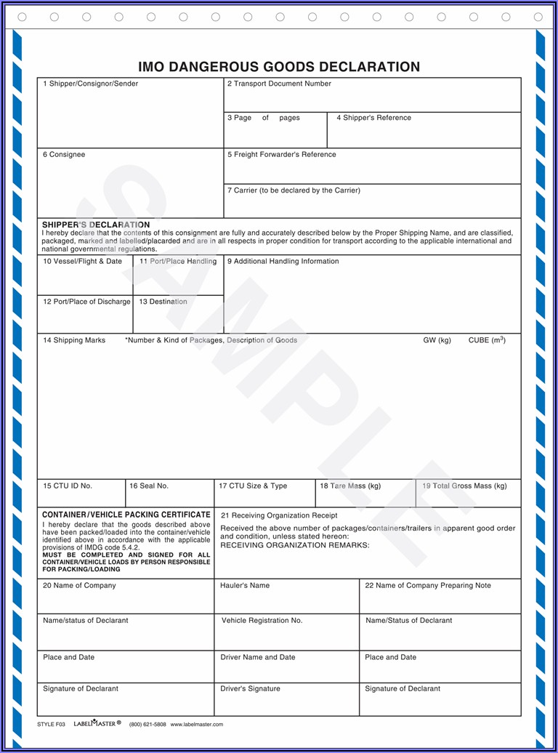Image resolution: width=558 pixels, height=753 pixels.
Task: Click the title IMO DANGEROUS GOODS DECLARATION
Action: pos(279,67)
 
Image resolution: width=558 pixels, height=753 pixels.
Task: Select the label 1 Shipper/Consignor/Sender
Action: pos(90,84)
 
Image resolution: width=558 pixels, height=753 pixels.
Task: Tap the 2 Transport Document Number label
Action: pos(279,84)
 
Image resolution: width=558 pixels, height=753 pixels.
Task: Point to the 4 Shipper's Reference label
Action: pos(373,118)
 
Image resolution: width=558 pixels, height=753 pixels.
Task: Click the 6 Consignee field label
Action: pos(64,155)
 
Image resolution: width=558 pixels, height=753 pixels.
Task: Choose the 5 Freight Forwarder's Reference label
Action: pos(282,155)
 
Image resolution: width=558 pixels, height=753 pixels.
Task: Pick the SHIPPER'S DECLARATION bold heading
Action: pos(96,225)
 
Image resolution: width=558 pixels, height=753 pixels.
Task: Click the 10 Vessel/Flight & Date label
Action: pos(83,262)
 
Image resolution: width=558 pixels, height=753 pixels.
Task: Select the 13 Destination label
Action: pos(163,302)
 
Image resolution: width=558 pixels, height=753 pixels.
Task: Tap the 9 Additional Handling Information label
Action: pos(283,262)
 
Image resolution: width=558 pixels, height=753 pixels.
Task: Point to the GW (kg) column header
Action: pos(437,340)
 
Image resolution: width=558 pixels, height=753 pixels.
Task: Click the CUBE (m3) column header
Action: pos(487,340)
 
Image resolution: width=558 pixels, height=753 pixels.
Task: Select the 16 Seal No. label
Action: pos(149,486)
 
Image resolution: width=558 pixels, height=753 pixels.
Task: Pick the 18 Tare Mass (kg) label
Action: pos(350,486)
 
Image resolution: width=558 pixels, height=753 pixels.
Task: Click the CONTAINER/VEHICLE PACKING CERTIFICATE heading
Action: pos(126,515)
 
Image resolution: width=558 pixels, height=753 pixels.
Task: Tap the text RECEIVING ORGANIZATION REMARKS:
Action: pos(295,545)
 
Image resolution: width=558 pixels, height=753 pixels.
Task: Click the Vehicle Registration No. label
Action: pos(262,621)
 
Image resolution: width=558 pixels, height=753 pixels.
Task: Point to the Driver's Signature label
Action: pos(250,689)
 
